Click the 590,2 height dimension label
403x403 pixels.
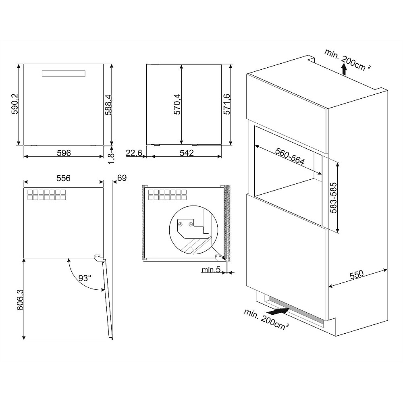coord(15,104)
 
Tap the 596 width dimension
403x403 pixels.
coord(64,153)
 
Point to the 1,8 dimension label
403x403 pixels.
coord(111,158)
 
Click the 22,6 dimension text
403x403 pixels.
coord(134,153)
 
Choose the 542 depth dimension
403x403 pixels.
coord(186,153)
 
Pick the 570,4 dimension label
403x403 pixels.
coord(177,104)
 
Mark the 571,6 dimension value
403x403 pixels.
coord(226,104)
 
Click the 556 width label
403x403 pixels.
coord(63,178)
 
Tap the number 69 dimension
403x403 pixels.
coord(122,178)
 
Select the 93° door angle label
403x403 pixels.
coord(85,278)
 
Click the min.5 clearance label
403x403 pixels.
coord(211,270)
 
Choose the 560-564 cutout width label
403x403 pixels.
coord(290,156)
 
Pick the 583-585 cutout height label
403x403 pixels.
coord(333,197)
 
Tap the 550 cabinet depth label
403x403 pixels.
coord(357,275)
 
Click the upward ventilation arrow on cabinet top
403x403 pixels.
coord(344,69)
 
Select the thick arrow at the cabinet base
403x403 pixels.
coord(278,311)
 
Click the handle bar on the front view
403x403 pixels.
coord(64,73)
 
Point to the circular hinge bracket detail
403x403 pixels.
coord(193,230)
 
